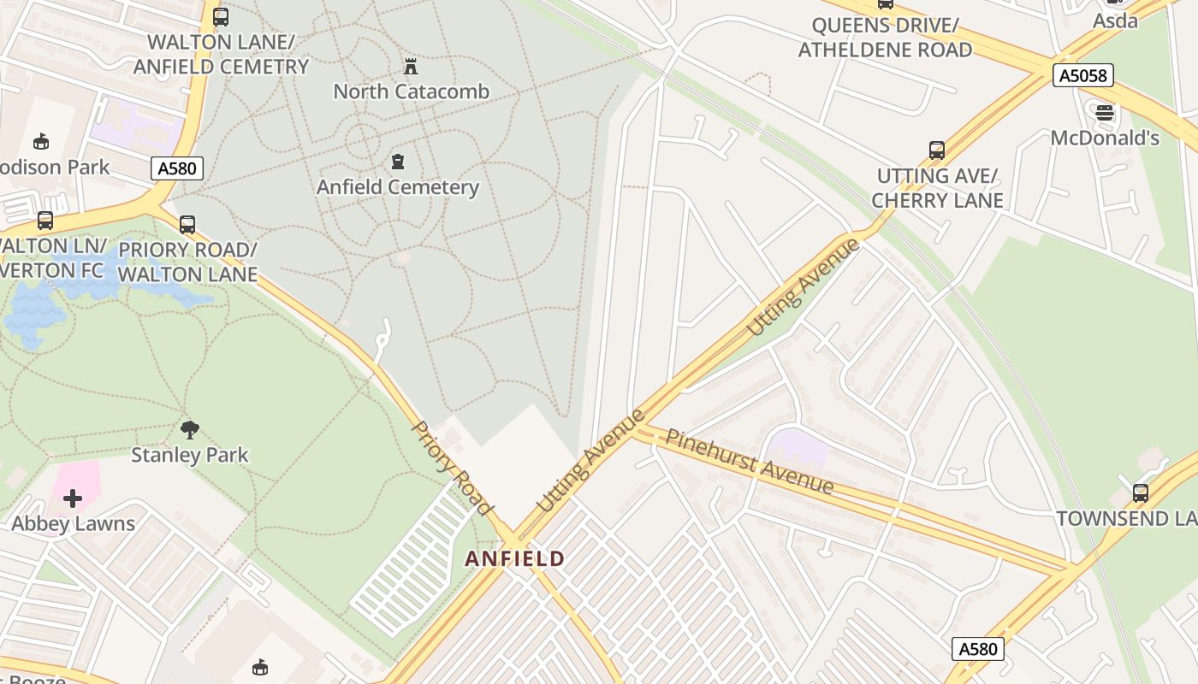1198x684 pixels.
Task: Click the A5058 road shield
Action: click(1083, 76)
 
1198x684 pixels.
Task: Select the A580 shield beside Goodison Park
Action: click(177, 168)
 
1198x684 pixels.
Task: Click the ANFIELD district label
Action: click(514, 559)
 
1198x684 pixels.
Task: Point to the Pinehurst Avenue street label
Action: click(750, 462)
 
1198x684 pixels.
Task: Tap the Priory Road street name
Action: click(453, 468)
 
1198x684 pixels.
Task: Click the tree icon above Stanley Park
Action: click(190, 429)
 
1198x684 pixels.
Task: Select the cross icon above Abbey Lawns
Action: click(73, 498)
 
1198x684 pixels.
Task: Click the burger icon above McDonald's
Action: click(1105, 113)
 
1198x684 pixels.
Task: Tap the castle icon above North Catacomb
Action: click(411, 66)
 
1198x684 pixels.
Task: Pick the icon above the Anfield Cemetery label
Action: click(397, 162)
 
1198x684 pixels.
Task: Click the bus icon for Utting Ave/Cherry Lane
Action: click(937, 150)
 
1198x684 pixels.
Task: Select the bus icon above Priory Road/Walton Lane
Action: click(187, 225)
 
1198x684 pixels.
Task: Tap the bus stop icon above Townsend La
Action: click(1141, 492)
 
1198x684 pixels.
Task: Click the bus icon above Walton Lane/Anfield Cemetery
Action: click(221, 16)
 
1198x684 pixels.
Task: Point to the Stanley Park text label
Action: click(189, 455)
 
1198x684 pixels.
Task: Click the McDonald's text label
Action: click(1105, 138)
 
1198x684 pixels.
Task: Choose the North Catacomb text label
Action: click(411, 91)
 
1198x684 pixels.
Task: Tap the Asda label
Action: click(1116, 21)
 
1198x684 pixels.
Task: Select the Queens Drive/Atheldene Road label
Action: click(885, 38)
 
